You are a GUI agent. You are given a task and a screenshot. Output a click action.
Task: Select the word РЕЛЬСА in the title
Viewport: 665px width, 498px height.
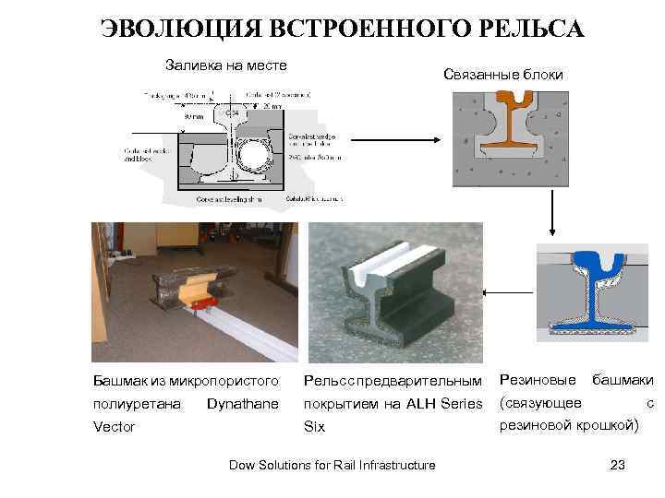coord(524,29)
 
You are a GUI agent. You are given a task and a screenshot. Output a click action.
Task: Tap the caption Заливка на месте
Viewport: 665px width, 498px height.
coord(225,65)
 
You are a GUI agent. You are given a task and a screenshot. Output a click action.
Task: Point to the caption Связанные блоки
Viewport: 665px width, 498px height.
coord(502,74)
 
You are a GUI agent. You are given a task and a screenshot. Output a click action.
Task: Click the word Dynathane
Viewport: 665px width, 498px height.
coord(243,404)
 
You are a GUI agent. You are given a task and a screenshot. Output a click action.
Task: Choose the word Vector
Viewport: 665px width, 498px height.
coord(114,427)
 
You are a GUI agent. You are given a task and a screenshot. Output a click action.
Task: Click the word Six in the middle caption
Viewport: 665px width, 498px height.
coord(314,427)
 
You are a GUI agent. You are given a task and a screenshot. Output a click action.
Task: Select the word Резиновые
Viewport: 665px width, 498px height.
coord(538,379)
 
